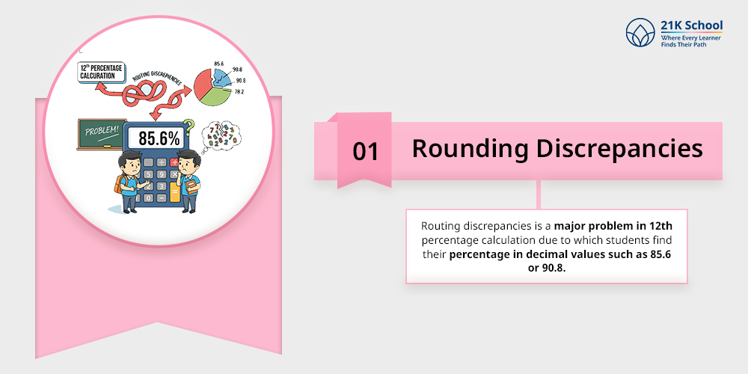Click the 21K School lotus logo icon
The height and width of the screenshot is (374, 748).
(640, 32)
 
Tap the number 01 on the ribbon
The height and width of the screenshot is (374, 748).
(366, 152)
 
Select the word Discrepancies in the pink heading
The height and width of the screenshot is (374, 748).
(619, 149)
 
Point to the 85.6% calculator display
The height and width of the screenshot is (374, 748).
(159, 138)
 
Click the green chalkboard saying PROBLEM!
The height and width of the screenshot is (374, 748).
(102, 134)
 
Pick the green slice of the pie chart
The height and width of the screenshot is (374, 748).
(216, 96)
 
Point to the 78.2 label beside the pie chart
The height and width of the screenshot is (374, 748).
(239, 91)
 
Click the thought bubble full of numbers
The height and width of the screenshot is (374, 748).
(221, 135)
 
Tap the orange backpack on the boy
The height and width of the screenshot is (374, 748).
(118, 184)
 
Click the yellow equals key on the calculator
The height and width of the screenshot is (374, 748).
(174, 195)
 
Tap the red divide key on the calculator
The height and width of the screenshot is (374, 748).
(174, 162)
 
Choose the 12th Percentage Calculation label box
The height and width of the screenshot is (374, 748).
(101, 72)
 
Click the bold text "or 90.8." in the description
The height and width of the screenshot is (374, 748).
(546, 268)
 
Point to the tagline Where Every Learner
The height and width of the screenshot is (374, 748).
(690, 37)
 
